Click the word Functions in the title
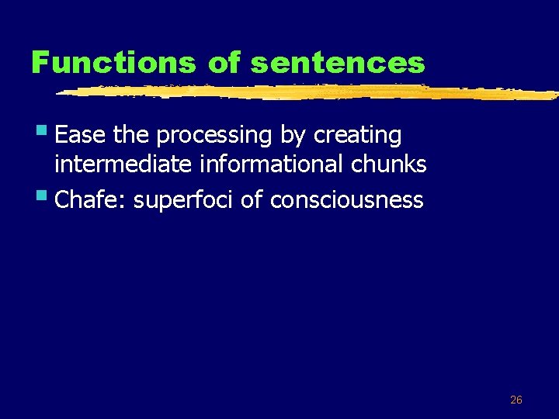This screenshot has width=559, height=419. coord(113,62)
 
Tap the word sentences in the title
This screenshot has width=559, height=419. coord(339,62)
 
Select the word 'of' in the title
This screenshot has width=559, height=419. coord(226,62)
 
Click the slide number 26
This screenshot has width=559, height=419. coord(516,400)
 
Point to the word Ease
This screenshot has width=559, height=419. coord(82,135)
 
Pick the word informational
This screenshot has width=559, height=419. coord(259,164)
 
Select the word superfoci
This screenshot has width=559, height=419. coord(184,201)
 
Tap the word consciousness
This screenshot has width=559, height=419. coord(347,200)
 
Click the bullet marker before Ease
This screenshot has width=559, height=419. coord(47,133)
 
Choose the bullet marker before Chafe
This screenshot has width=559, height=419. coord(47,198)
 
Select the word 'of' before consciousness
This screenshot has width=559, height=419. coord(252,200)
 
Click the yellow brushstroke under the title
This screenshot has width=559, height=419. coord(311,92)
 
